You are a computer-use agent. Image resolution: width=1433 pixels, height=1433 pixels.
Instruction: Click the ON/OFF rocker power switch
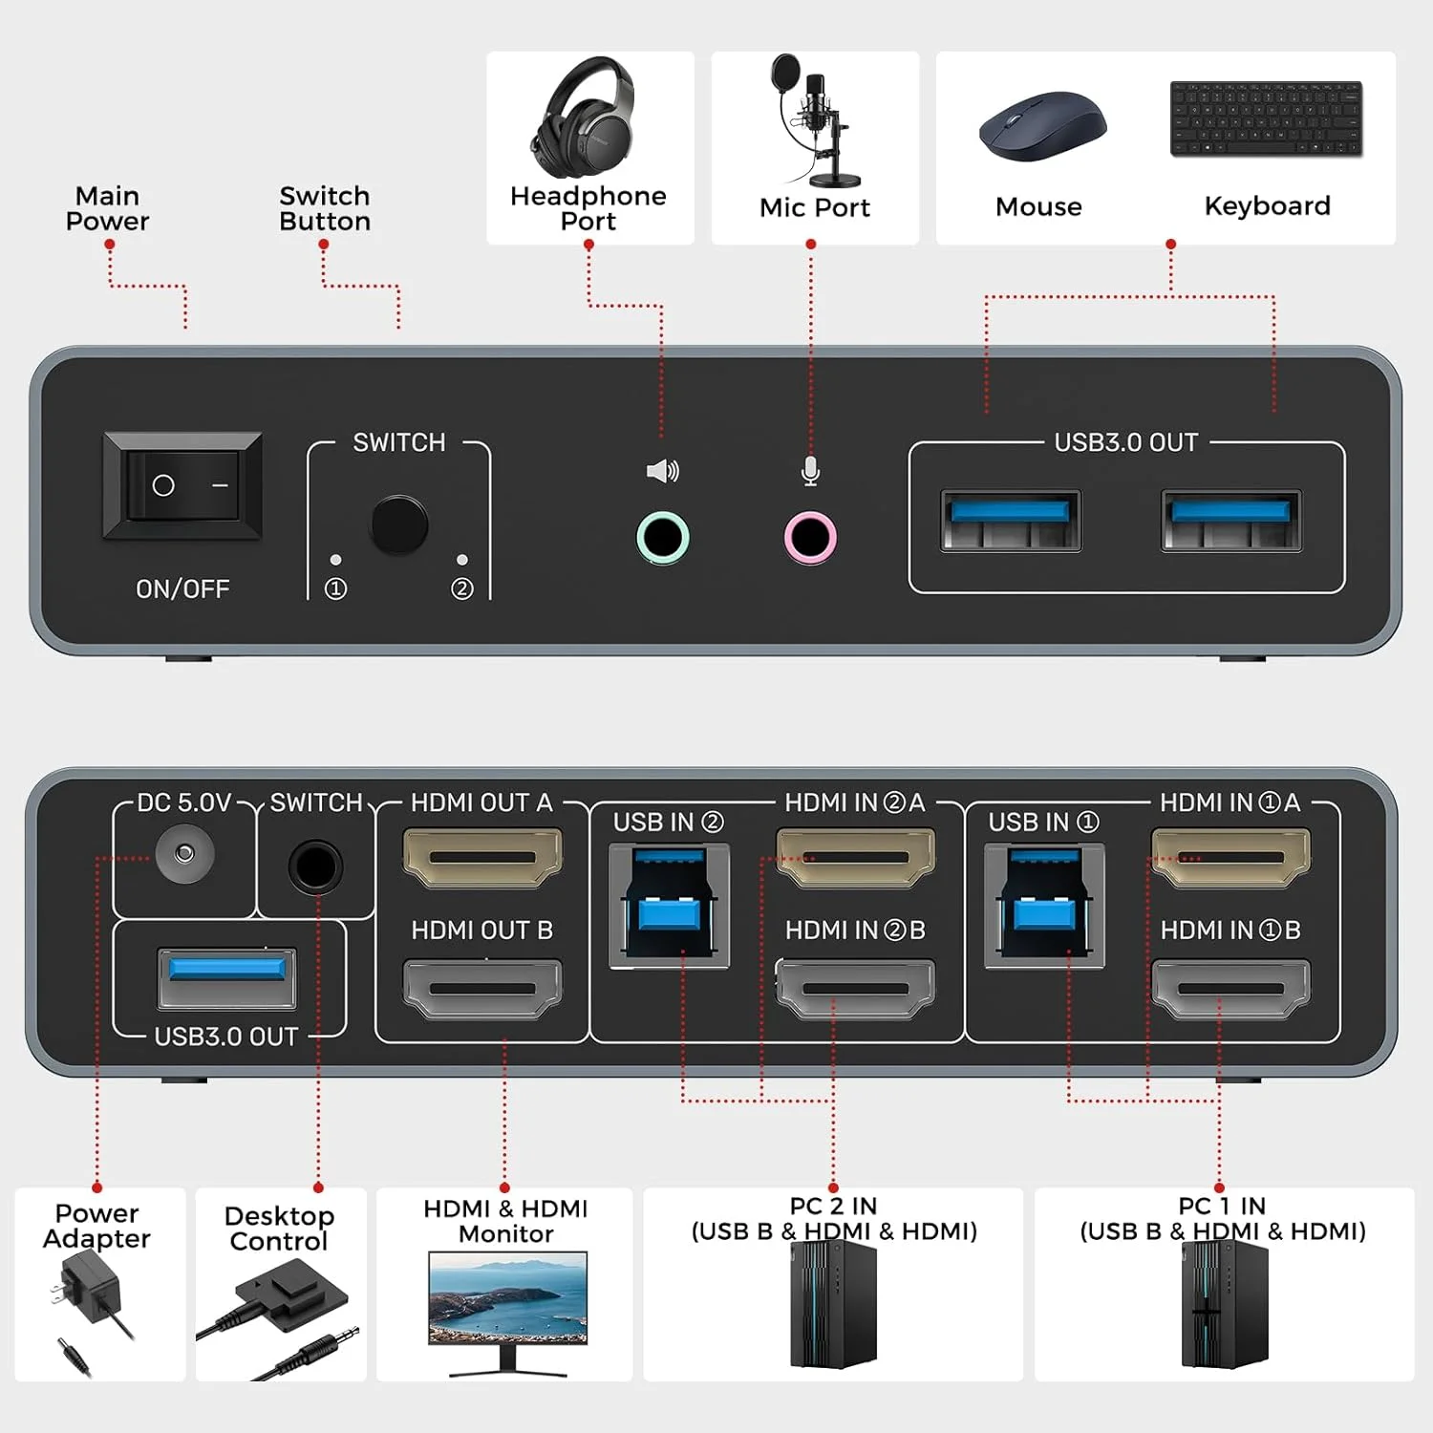click(x=182, y=485)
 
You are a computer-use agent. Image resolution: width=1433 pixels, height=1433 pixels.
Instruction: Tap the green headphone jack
click(x=662, y=537)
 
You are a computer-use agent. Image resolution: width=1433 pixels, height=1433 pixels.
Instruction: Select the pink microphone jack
click(x=810, y=537)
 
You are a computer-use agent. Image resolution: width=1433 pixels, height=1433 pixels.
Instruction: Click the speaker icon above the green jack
click(x=662, y=471)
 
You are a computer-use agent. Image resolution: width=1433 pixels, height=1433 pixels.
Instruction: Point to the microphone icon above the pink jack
click(x=810, y=471)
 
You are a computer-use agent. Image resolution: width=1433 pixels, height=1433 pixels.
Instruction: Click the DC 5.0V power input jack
click(x=184, y=853)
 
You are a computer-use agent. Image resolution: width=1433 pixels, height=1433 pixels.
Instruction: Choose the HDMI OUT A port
click(x=482, y=857)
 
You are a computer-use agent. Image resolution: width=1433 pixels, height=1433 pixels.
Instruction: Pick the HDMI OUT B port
click(x=482, y=988)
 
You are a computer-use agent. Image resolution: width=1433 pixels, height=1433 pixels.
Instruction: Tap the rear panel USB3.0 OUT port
click(x=227, y=977)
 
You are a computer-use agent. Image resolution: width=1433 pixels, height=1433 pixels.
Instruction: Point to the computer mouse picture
click(x=1042, y=126)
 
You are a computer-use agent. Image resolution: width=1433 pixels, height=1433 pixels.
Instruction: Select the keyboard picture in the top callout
click(x=1266, y=119)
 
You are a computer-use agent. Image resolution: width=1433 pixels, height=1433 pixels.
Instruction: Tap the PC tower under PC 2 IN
click(x=833, y=1304)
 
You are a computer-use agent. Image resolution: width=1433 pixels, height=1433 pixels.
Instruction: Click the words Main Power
click(x=107, y=208)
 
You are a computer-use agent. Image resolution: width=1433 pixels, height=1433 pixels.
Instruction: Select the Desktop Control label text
click(x=279, y=1229)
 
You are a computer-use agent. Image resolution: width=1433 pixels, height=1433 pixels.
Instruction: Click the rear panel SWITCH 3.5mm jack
click(x=315, y=866)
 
